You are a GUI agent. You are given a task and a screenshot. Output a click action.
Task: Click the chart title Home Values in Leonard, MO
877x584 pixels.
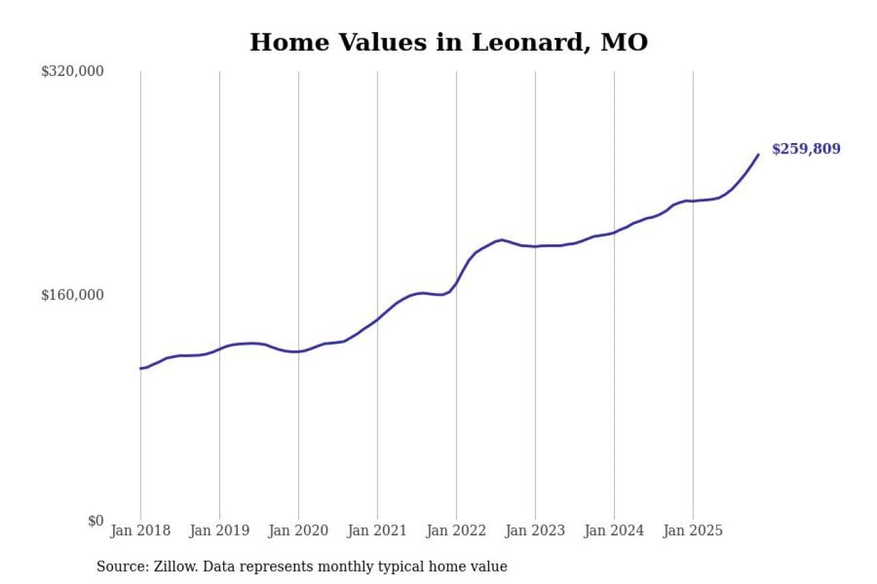point(448,42)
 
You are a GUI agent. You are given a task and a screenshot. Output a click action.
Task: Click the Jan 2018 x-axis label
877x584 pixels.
point(140,531)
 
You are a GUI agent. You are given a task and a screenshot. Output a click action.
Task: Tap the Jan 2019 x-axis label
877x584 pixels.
point(219,531)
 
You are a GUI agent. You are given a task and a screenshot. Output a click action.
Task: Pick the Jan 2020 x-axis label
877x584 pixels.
point(298,531)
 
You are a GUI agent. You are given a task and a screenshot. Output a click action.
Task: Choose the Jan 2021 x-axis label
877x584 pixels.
point(377,531)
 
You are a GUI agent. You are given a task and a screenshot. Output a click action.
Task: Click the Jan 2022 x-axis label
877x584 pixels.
point(456,531)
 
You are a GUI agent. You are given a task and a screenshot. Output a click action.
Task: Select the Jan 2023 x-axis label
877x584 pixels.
point(535,531)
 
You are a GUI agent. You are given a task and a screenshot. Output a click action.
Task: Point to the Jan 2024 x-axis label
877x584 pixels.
point(614,531)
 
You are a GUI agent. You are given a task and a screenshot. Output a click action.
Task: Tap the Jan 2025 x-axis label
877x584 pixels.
point(693,531)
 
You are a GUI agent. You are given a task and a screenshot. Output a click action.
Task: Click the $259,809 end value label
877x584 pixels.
point(806,149)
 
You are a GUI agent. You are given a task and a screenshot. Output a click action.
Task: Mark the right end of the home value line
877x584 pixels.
point(758,154)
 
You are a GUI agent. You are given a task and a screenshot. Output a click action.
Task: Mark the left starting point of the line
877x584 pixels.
point(140,368)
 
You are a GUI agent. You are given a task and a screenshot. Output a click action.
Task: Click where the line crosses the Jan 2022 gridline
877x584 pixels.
point(456,283)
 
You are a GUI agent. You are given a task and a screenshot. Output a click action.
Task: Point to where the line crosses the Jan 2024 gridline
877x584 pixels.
point(614,232)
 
